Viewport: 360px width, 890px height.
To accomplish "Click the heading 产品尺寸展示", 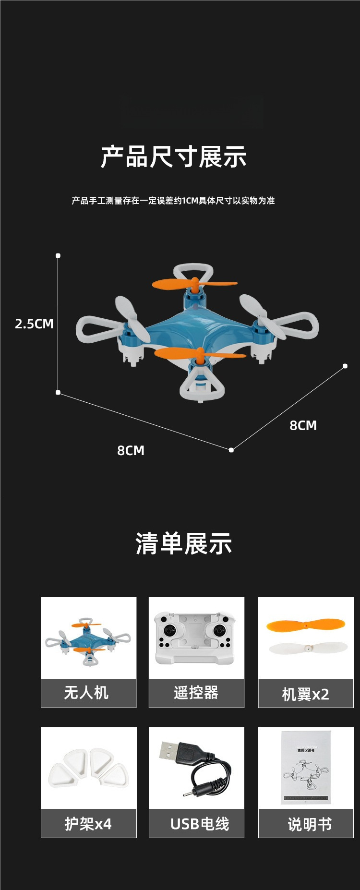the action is click(x=174, y=156).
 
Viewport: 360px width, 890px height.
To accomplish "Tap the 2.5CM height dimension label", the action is click(x=34, y=324).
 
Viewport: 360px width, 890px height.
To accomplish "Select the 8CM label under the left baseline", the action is click(x=131, y=450).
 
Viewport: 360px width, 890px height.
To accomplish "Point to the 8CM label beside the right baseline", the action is click(x=303, y=425).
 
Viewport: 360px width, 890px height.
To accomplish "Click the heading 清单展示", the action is click(x=184, y=544).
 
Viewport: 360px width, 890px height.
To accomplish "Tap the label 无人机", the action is click(x=86, y=693).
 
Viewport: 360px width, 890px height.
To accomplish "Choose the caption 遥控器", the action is click(x=196, y=693).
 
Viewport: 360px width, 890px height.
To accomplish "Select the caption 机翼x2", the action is click(x=305, y=694).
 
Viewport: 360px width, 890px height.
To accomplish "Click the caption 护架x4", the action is click(x=88, y=824).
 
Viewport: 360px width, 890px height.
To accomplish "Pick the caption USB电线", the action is click(x=200, y=824).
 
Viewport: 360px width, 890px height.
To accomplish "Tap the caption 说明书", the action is click(x=310, y=824).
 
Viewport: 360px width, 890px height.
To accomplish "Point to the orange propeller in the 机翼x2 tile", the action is click(x=305, y=625).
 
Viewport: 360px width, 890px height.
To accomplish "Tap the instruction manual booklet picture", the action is click(x=305, y=768).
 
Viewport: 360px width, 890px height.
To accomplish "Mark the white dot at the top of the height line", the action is click(x=58, y=255).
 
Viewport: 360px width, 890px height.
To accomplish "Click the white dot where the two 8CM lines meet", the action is click(x=231, y=450).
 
